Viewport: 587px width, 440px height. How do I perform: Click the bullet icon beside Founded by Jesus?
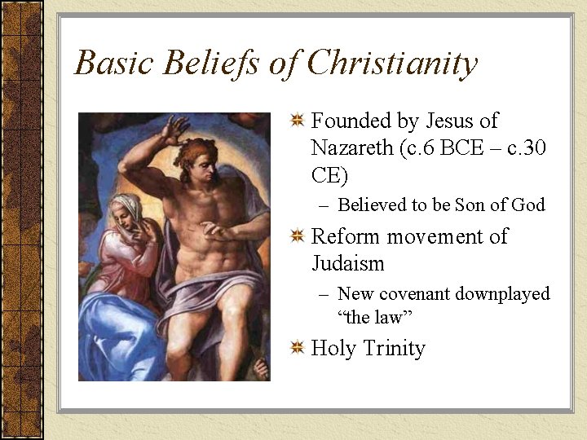298,121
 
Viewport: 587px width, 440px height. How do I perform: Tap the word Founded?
351,121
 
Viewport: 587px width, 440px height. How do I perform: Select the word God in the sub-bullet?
527,205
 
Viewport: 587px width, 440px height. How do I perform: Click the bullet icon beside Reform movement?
298,237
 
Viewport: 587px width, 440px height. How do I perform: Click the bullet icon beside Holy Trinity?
298,349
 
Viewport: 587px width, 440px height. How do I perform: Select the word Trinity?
394,349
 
